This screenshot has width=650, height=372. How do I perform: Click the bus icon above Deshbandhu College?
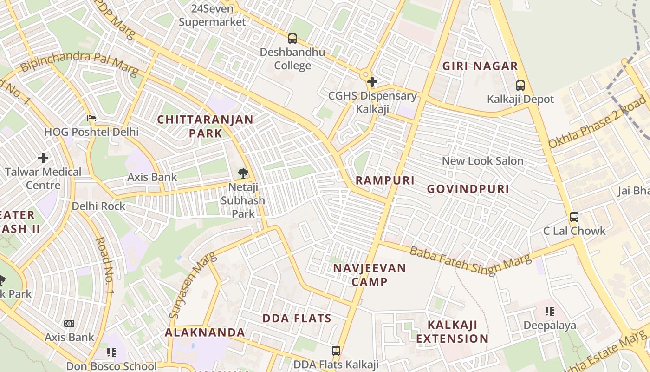(292, 39)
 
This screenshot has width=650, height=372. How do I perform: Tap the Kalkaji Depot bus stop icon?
(520, 86)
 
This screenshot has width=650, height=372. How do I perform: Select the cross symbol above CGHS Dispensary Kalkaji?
(372, 82)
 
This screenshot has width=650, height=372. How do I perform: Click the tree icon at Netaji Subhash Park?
(243, 174)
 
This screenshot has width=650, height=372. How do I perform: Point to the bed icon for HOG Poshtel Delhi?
(91, 118)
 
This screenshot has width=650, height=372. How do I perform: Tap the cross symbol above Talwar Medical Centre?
(43, 158)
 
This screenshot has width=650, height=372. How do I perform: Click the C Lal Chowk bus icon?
(574, 217)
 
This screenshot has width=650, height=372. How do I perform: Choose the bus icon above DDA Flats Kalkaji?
(336, 351)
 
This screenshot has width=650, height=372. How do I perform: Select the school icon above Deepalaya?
(550, 312)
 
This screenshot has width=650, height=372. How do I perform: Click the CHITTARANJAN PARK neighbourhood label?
(205, 126)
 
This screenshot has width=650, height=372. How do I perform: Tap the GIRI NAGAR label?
(480, 66)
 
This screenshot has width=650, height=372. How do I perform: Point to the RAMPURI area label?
(385, 180)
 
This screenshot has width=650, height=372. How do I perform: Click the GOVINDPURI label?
(468, 189)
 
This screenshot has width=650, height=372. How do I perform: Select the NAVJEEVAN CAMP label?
(370, 275)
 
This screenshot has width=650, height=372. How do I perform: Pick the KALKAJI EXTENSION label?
(452, 332)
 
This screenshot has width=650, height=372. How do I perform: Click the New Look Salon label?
(482, 161)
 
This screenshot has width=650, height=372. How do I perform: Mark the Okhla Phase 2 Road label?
(598, 122)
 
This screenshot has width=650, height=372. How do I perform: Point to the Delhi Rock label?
(98, 206)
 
